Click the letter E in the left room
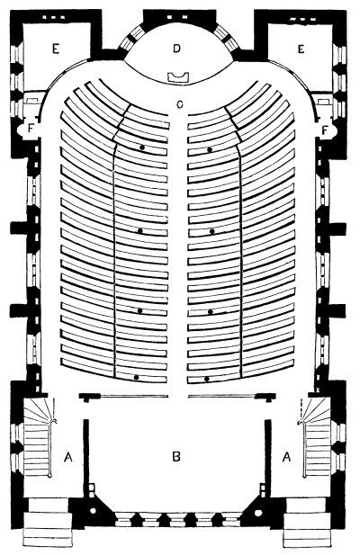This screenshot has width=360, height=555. (x=55, y=49)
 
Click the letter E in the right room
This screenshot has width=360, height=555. (x=301, y=49)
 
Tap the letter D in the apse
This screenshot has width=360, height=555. (x=177, y=49)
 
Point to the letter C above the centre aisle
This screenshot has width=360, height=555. (x=180, y=104)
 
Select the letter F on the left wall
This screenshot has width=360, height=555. (x=31, y=129)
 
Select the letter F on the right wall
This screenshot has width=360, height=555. (x=325, y=130)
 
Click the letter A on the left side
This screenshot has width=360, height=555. (x=68, y=457)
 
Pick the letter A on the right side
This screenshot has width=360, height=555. (x=287, y=457)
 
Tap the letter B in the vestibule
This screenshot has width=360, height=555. (x=176, y=457)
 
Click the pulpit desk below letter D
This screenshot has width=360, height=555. (x=178, y=77)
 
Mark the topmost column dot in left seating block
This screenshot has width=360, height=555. (x=142, y=148)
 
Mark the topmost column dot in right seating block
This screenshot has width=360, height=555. (x=210, y=149)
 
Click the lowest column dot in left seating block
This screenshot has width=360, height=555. (x=136, y=377)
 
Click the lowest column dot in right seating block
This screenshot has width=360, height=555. (x=207, y=379)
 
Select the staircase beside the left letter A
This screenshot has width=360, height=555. (x=38, y=437)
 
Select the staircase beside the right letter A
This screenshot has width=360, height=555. (x=316, y=437)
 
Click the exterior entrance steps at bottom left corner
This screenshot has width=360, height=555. (x=46, y=523)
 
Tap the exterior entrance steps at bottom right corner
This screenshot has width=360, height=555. (x=307, y=523)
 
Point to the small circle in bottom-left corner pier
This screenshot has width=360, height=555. (x=93, y=511)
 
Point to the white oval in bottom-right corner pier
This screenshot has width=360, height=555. (x=258, y=513)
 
